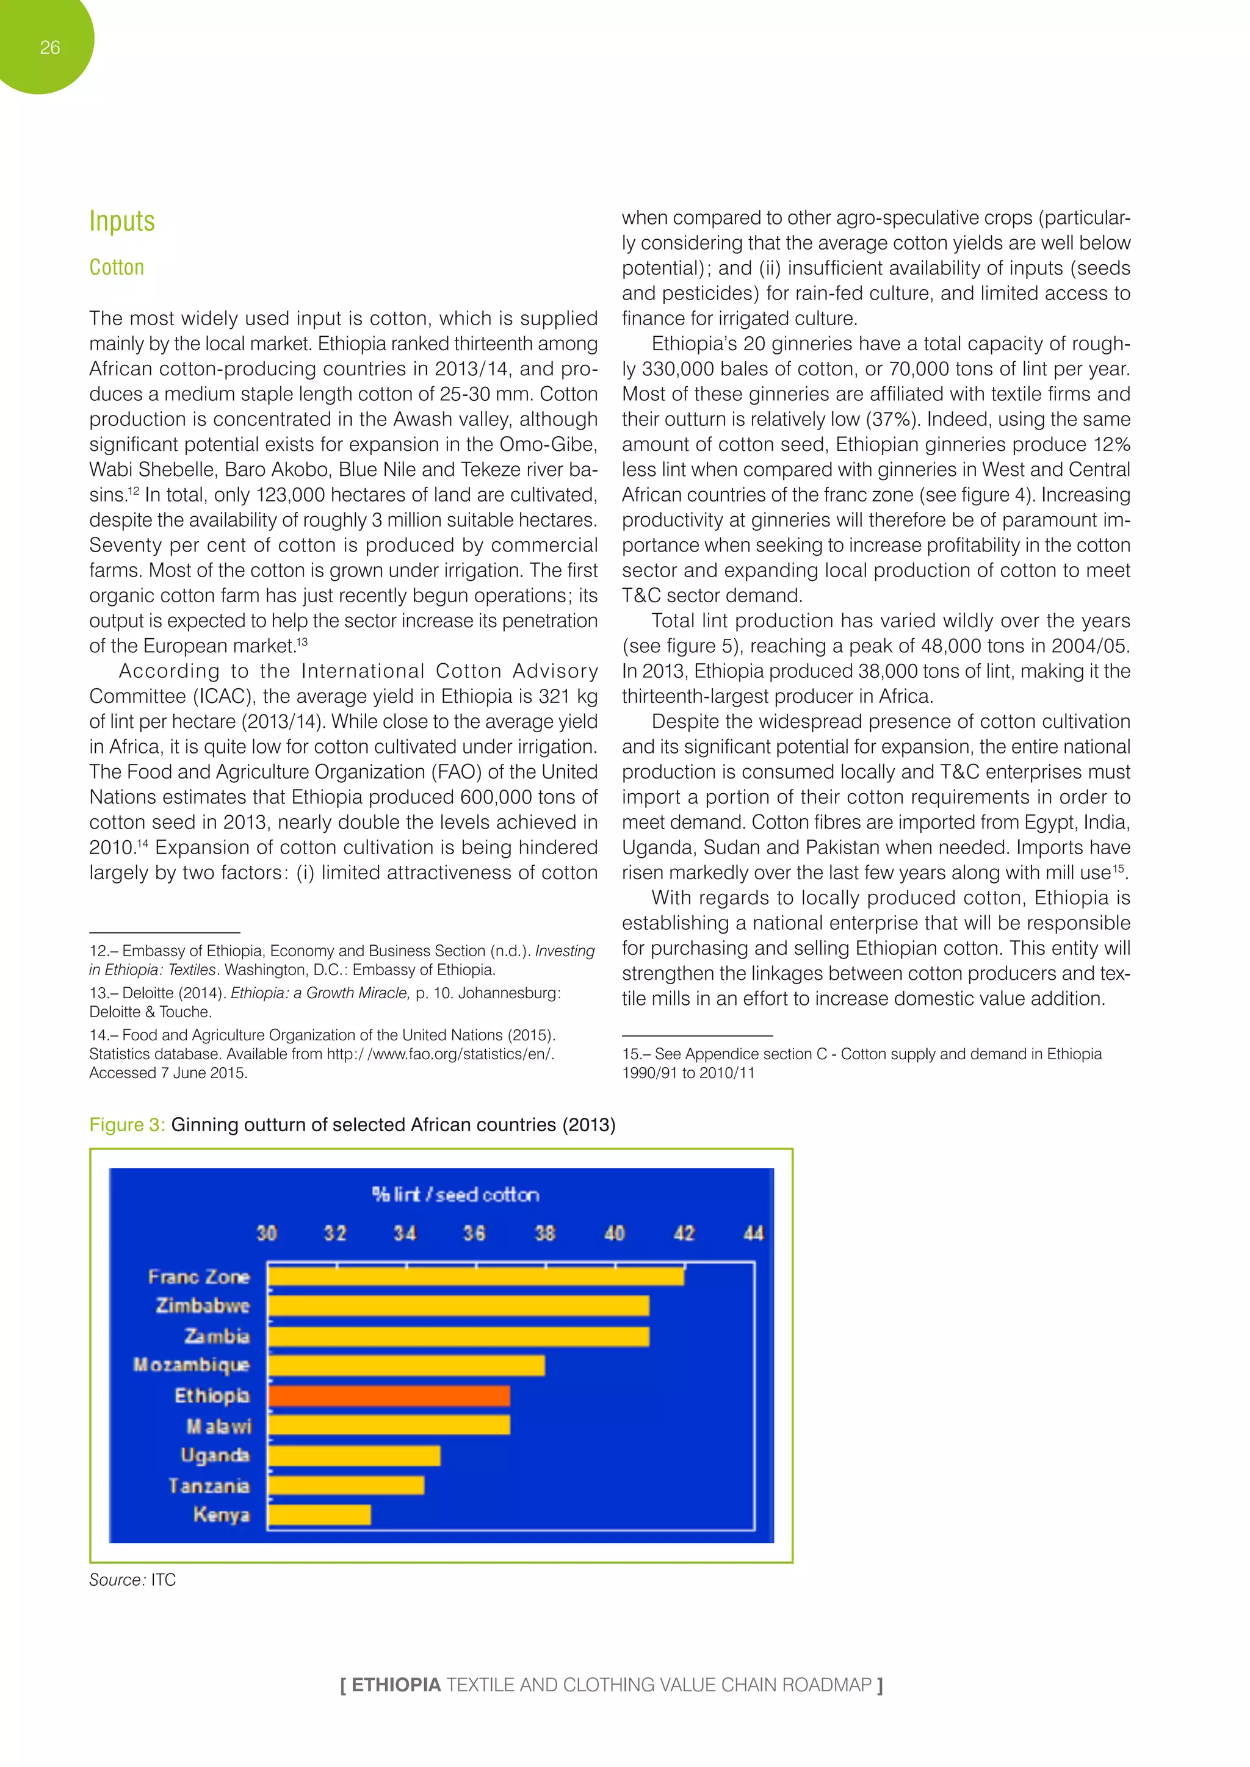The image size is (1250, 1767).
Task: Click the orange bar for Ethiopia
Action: point(389,1395)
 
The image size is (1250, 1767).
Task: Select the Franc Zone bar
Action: point(475,1276)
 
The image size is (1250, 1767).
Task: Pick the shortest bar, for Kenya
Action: point(319,1514)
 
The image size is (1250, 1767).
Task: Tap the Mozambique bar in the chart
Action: point(406,1366)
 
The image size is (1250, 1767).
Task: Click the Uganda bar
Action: point(354,1455)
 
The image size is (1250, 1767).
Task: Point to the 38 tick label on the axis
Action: point(545,1233)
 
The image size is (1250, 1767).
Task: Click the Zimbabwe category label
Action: point(203,1306)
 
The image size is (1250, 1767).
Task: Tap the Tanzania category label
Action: point(209,1485)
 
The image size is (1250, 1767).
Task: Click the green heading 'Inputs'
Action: point(121,221)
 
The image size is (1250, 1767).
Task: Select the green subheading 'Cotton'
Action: point(116,267)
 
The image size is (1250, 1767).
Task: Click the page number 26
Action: point(49,48)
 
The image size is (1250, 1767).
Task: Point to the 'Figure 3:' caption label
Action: point(127,1125)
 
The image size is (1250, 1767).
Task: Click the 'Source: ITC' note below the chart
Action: point(132,1579)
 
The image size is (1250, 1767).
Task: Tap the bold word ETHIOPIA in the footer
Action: point(396,1685)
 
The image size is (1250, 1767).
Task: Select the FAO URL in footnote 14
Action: point(439,1054)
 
